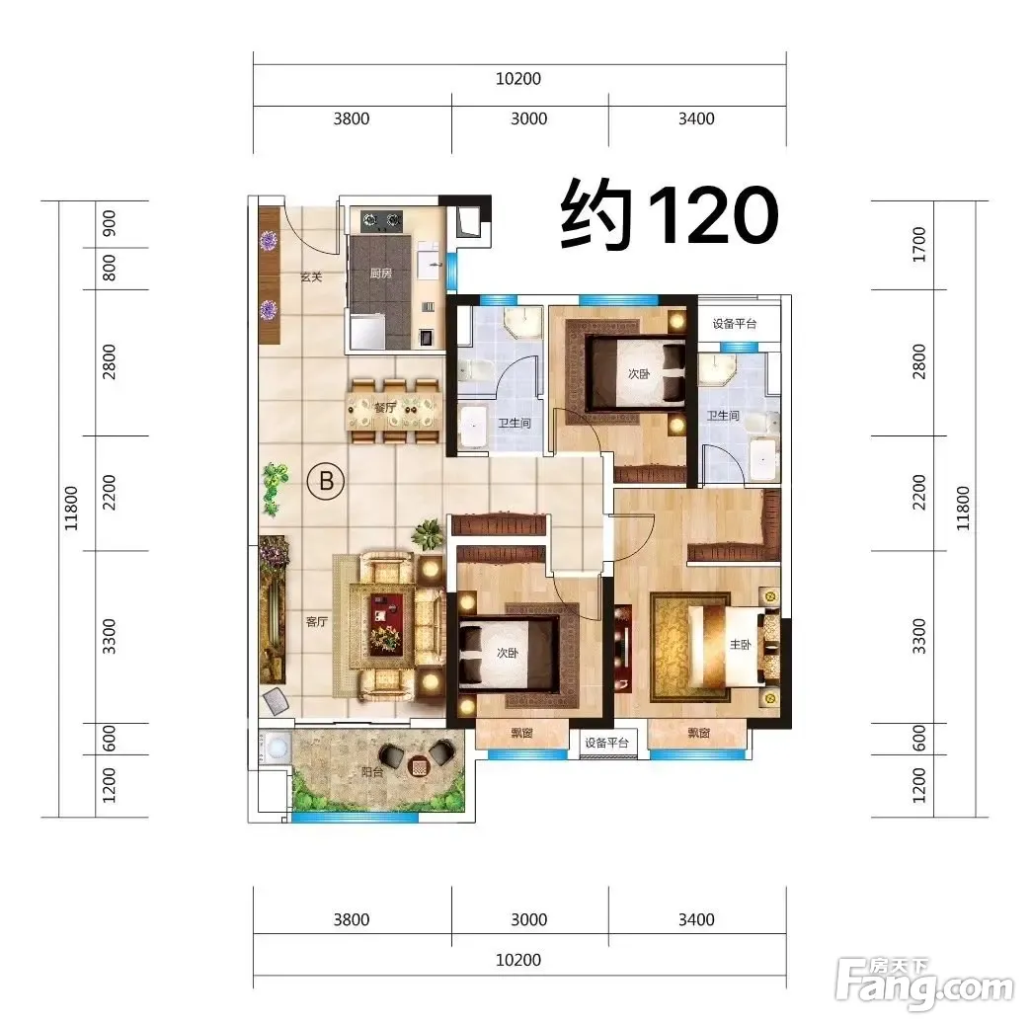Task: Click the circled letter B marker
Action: [326, 481]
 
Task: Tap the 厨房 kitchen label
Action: [381, 273]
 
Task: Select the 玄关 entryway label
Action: [311, 276]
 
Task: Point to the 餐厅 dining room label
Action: [385, 408]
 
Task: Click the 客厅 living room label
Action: [316, 621]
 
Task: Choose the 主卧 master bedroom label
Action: [741, 644]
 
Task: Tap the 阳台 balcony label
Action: [372, 772]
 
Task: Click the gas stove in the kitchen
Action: [382, 219]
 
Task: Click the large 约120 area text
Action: [670, 214]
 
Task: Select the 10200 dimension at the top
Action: [518, 79]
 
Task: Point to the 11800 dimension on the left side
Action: [72, 509]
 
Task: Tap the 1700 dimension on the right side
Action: [919, 245]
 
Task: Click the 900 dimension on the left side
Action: [110, 223]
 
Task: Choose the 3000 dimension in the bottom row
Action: [529, 919]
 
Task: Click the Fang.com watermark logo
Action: [923, 985]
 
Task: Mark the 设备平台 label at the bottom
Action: [607, 743]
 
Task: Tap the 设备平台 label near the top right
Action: [735, 324]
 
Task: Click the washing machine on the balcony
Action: [276, 748]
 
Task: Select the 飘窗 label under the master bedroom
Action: [698, 733]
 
